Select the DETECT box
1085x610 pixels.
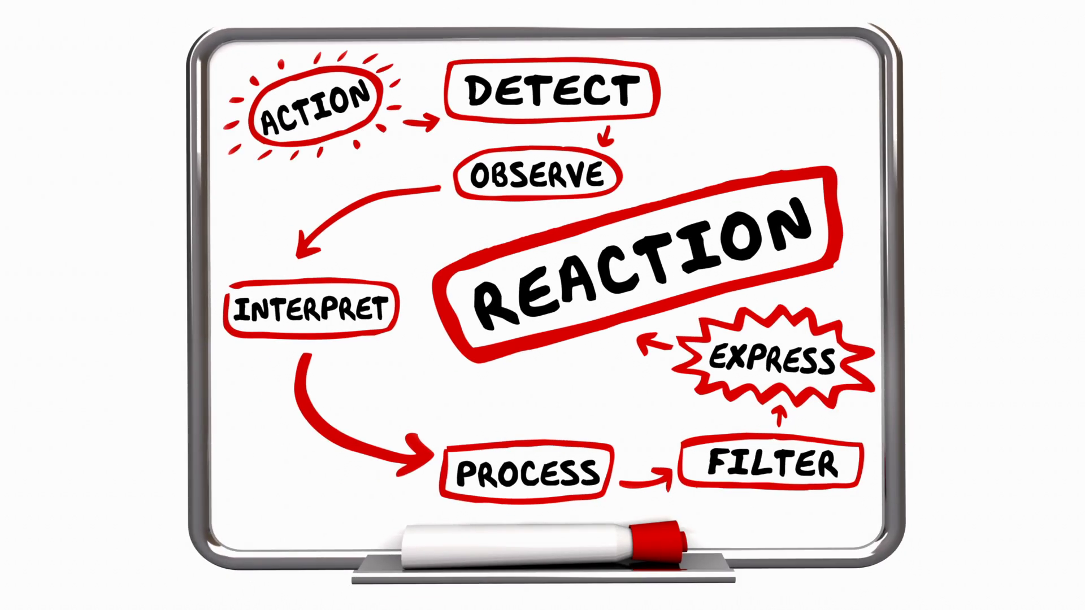[x=552, y=90]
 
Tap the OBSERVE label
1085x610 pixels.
[x=537, y=174]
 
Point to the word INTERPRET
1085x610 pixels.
[x=311, y=309]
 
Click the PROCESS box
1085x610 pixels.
[x=527, y=472]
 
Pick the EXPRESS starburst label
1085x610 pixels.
[x=772, y=358]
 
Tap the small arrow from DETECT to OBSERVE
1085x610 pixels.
[x=606, y=136]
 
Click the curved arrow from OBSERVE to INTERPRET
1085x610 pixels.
[x=350, y=212]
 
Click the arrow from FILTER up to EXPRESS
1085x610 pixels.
[x=780, y=416]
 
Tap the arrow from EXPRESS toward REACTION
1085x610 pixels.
[x=653, y=343]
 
